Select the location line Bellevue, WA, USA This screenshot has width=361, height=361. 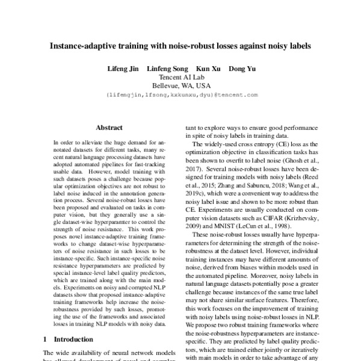181,85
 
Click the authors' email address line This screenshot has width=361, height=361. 181,95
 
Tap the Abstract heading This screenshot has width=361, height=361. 110,128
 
